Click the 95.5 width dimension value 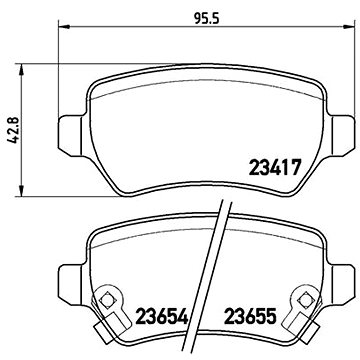pos(207,18)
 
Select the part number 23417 pos(271,169)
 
